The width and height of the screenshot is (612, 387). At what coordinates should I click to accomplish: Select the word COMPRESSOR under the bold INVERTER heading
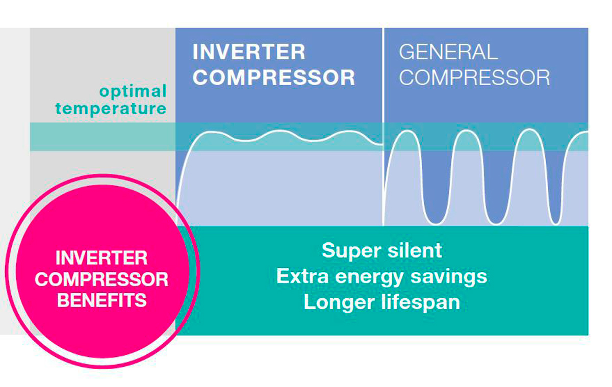click(x=274, y=78)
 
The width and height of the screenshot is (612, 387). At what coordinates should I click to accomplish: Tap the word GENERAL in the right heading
click(x=448, y=52)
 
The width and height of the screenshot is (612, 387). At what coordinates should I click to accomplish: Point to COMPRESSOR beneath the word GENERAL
click(x=474, y=78)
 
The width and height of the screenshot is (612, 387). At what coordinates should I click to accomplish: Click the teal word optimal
click(x=133, y=92)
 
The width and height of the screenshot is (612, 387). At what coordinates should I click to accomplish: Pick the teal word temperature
click(x=111, y=109)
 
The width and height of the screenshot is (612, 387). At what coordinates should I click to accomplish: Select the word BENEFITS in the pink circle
click(x=102, y=300)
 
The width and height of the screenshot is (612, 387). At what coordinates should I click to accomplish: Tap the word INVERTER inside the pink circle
click(x=102, y=258)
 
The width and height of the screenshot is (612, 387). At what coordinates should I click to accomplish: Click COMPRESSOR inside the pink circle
click(x=102, y=279)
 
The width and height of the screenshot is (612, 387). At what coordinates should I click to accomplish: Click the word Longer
click(x=339, y=302)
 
